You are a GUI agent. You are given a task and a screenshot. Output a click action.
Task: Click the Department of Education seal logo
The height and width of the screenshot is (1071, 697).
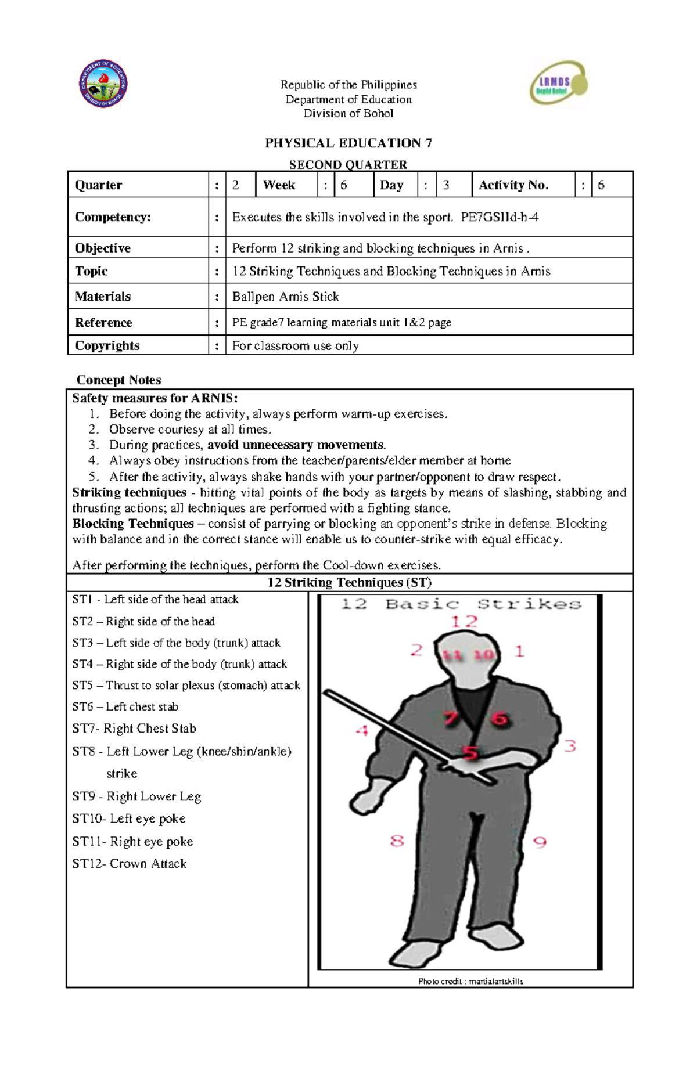(x=103, y=84)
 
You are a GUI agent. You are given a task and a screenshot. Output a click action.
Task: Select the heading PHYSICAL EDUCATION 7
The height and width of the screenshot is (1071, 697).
(x=348, y=143)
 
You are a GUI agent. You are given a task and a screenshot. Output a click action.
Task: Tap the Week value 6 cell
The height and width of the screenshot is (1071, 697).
(x=353, y=185)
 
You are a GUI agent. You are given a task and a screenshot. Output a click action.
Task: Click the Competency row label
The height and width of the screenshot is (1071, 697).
(x=113, y=217)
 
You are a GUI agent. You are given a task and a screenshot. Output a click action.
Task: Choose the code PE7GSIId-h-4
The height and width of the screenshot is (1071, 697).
(x=500, y=217)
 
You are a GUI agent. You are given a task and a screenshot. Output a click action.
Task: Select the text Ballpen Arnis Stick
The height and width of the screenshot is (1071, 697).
(x=285, y=297)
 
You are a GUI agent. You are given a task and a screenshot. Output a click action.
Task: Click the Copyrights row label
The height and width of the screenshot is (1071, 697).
(x=107, y=345)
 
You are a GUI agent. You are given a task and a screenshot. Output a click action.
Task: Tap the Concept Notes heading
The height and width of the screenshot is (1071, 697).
(x=118, y=380)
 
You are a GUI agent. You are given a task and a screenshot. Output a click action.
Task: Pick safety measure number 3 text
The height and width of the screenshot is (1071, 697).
(x=247, y=445)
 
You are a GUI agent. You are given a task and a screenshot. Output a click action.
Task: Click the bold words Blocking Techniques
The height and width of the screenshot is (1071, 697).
(x=133, y=524)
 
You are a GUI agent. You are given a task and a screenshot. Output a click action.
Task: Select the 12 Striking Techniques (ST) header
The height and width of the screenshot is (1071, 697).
(x=349, y=582)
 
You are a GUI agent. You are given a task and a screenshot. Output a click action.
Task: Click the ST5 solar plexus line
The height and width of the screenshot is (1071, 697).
(x=186, y=686)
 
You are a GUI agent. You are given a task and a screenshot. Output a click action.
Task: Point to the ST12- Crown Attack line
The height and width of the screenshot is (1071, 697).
(x=130, y=864)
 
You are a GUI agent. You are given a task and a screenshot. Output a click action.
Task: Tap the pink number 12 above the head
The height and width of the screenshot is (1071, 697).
(x=464, y=622)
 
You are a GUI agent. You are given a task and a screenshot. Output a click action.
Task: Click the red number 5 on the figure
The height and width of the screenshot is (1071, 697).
(x=470, y=753)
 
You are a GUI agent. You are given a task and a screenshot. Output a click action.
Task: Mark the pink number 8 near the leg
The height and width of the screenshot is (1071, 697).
(x=397, y=841)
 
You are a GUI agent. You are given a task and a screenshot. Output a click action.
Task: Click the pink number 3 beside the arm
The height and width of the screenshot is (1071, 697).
(x=570, y=745)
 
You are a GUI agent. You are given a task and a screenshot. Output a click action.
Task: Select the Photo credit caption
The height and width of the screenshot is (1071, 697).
(x=470, y=981)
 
